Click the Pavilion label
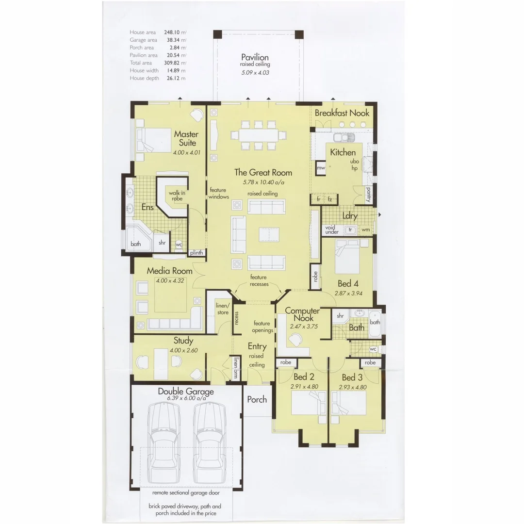coord(255,57)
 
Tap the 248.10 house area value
coord(172,33)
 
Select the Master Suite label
coord(185,138)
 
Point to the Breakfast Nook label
coord(342,113)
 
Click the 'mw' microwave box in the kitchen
coord(321,168)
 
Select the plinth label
coord(196,253)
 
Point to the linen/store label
coord(222,309)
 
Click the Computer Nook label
coord(302,314)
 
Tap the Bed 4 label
coord(348,284)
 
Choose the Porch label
coord(257,399)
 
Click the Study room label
coord(183,341)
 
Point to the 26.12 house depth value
coord(172,78)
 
